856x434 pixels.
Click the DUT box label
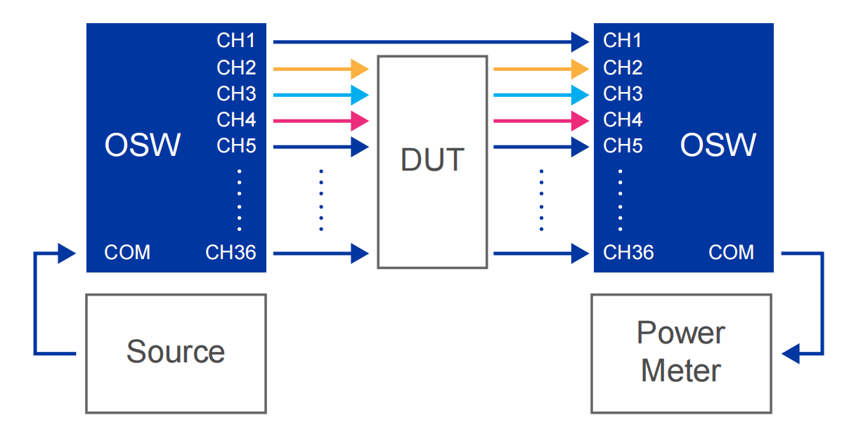click(432, 160)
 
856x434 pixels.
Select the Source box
click(176, 353)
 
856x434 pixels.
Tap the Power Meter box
click(680, 353)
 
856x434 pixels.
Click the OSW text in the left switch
click(143, 145)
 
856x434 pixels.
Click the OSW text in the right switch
click(718, 145)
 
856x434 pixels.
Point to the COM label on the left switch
click(127, 252)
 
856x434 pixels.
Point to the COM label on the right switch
click(731, 252)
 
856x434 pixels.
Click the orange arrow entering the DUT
click(320, 68)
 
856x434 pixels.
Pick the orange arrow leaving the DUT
click(540, 68)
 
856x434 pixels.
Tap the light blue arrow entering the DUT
click(320, 94)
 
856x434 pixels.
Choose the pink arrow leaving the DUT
click(540, 121)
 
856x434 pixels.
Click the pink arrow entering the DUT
click(320, 121)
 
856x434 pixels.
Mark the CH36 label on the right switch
click(628, 252)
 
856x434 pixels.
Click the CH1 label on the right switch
click(623, 41)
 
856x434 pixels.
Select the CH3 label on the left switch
click(236, 93)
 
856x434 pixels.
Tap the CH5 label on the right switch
click(623, 145)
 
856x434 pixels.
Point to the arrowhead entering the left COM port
click(67, 252)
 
